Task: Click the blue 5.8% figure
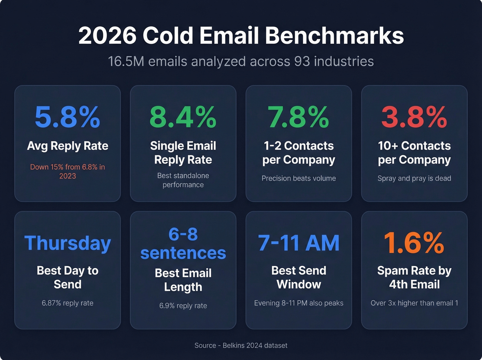click(67, 117)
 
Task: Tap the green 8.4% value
click(183, 117)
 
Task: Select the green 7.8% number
click(298, 117)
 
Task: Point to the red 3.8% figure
click(414, 117)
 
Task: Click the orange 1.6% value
click(414, 243)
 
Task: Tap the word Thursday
click(67, 243)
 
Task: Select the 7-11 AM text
click(298, 243)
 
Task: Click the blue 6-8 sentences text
click(183, 244)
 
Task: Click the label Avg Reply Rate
click(67, 146)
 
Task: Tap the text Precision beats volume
click(298, 178)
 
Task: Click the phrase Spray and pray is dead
click(414, 178)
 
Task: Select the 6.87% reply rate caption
click(67, 303)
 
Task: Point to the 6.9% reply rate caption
click(183, 306)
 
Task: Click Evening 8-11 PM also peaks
click(298, 303)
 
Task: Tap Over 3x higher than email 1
click(414, 303)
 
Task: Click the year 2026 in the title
click(107, 35)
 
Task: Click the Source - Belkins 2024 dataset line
click(241, 346)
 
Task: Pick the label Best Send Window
click(298, 277)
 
